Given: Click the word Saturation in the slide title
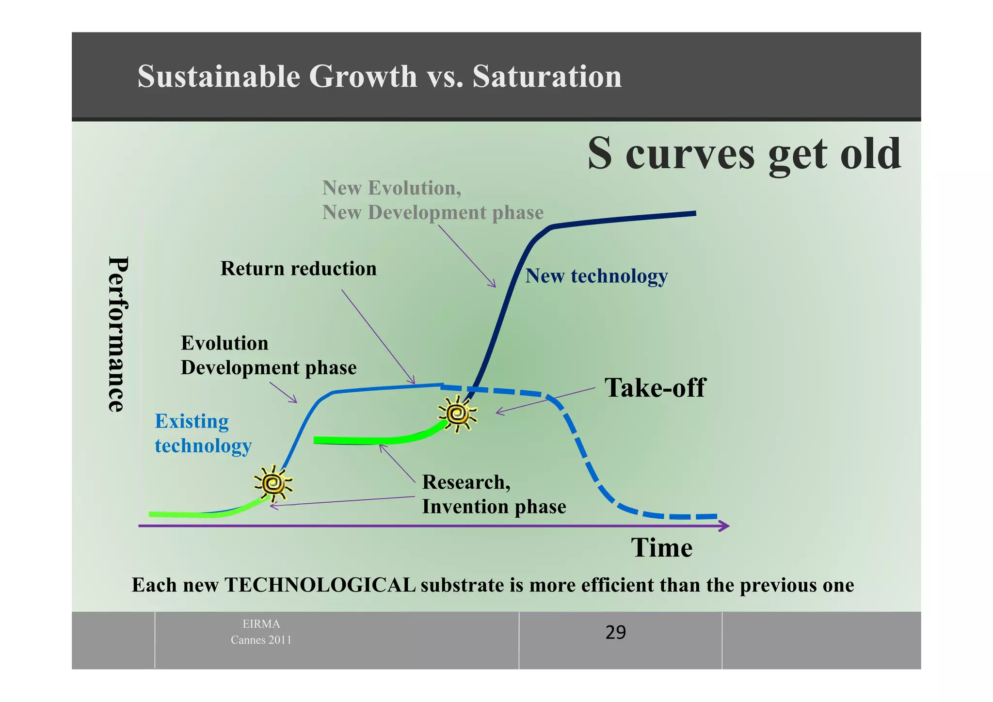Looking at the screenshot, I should tap(546, 77).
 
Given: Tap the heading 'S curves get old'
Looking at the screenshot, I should tap(744, 154).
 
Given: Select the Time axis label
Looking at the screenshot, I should tap(661, 548).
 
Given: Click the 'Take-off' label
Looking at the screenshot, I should tap(655, 388).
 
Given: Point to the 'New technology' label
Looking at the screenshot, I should tap(596, 276).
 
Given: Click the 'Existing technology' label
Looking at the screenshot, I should tap(203, 433).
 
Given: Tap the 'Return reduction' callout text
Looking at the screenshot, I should tap(298, 269).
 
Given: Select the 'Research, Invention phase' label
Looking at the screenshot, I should tap(494, 494).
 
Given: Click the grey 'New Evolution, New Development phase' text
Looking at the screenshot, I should tap(432, 200).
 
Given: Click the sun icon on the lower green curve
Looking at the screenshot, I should tap(273, 483).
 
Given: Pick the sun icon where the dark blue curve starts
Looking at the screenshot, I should tap(457, 414).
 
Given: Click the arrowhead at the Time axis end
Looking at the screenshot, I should tap(725, 526).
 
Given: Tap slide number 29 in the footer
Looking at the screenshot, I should tap(615, 633).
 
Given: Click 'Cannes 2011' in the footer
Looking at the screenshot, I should tap(261, 640).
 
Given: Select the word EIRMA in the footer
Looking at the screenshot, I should tap(261, 624).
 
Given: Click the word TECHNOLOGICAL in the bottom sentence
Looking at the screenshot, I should tap(320, 585).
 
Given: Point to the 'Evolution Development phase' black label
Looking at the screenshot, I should tap(268, 355).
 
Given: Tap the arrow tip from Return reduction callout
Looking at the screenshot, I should tap(414, 383).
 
